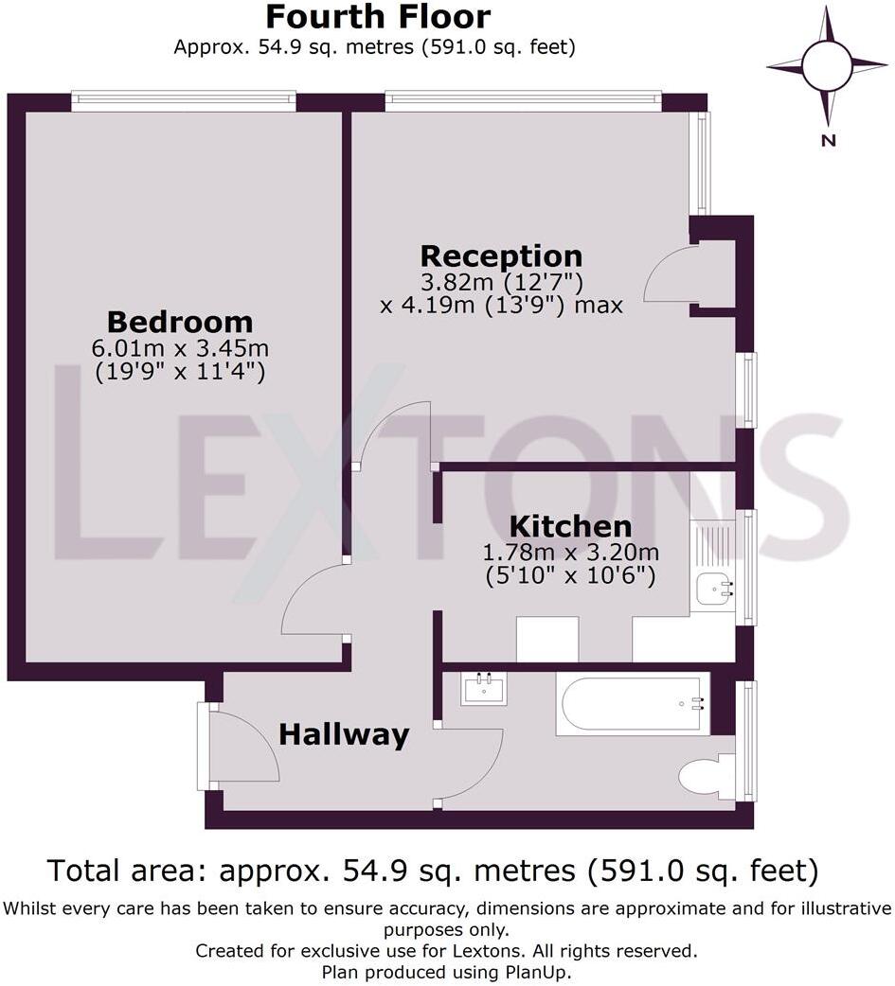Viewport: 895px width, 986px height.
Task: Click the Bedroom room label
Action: pos(179,322)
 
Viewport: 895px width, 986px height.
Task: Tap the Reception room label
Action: pos(501,255)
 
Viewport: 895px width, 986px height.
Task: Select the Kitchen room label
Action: pos(570,526)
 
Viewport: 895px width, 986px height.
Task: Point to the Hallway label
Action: pos(344,734)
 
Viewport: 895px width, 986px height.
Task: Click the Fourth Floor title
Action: pos(377,17)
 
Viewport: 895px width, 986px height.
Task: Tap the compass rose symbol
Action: pos(826,65)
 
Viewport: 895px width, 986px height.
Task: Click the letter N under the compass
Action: pos(828,141)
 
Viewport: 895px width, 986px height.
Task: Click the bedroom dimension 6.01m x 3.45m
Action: pos(179,349)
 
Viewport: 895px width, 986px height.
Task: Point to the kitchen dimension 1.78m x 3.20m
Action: pos(570,553)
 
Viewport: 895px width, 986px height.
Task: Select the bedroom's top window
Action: pos(183,101)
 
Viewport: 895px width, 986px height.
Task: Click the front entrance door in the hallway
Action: pos(242,745)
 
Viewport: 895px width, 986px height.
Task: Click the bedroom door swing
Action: pos(313,601)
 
